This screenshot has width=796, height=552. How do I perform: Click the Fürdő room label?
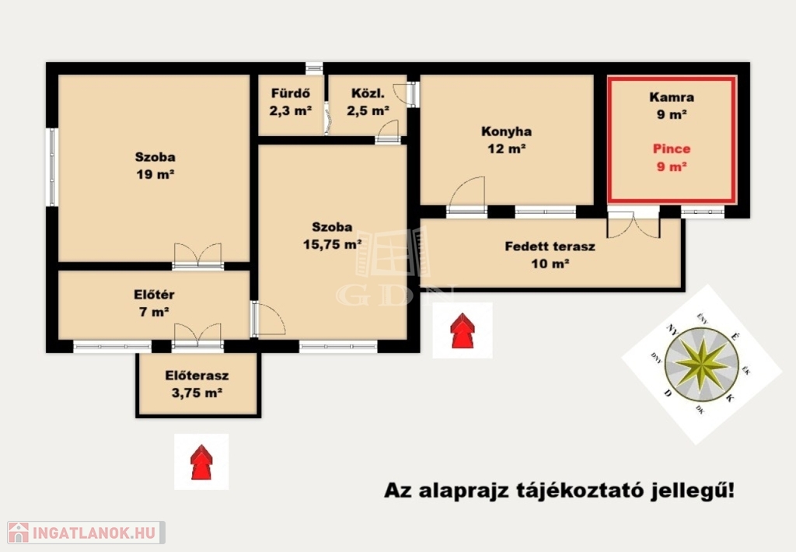[291, 93]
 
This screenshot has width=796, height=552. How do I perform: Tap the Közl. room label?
[368, 93]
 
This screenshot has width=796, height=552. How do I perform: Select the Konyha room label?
[507, 131]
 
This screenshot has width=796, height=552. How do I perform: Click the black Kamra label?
[672, 97]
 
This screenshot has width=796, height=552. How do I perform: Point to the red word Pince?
[672, 148]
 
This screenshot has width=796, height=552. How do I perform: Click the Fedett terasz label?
[550, 246]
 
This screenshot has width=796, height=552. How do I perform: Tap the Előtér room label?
[155, 295]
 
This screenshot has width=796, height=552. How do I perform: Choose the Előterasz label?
[197, 376]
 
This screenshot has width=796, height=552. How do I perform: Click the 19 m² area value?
[155, 174]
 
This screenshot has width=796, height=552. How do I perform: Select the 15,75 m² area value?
[333, 244]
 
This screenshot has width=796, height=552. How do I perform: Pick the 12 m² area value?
[507, 148]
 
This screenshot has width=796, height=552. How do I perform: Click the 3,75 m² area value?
[197, 393]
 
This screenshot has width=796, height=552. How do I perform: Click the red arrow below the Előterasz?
[201, 462]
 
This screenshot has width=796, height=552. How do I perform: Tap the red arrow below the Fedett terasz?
[462, 330]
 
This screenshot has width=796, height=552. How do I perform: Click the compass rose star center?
[702, 364]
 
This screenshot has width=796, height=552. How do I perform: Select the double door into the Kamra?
[634, 225]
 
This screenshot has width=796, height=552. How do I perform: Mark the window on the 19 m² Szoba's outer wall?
[52, 166]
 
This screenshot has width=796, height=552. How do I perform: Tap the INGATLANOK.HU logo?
[86, 533]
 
